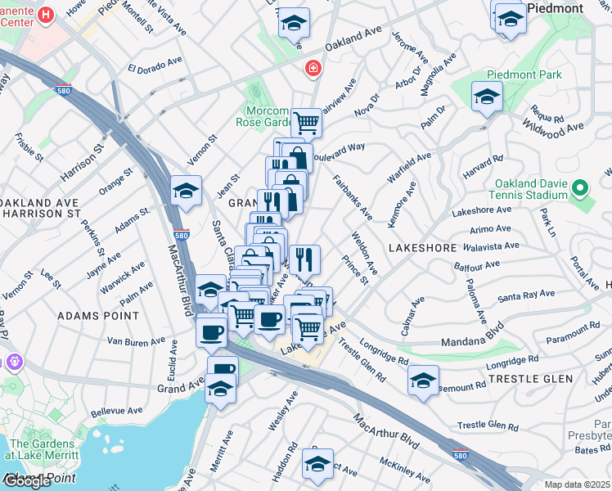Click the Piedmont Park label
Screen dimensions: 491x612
point(532,74)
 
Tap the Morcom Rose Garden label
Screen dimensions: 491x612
point(269,117)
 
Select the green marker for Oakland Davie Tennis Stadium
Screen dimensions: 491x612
point(580,189)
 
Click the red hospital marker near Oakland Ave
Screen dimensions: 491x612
point(311,69)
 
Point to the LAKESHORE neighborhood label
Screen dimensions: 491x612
point(421,246)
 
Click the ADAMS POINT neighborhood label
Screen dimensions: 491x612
point(88,314)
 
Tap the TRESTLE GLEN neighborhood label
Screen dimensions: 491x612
point(524,379)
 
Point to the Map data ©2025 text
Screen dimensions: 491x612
point(577,484)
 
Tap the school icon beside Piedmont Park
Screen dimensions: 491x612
point(487,97)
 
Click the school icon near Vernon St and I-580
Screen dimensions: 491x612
point(187,191)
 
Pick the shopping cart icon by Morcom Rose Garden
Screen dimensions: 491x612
point(306,124)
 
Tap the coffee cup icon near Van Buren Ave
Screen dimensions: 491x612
point(212,331)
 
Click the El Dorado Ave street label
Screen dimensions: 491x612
point(155,64)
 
